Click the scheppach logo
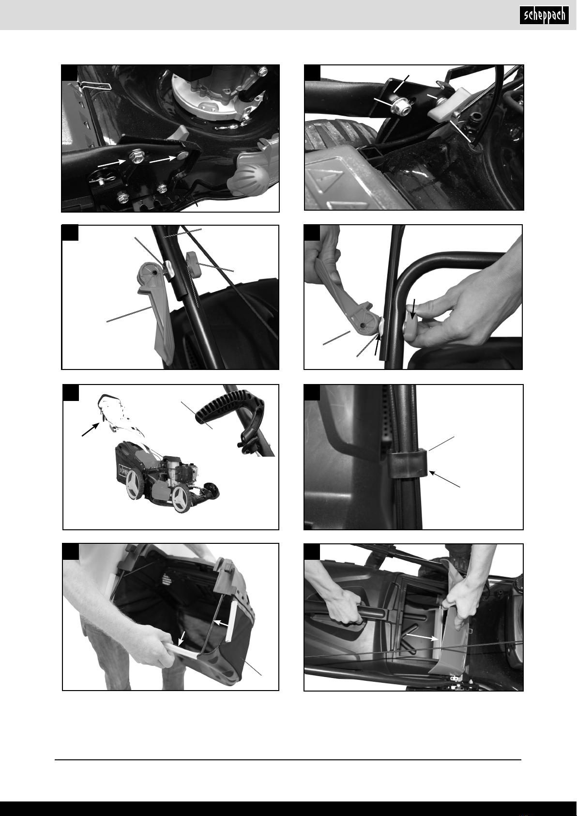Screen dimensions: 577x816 tap(544, 15)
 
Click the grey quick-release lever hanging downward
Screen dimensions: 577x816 tap(155, 311)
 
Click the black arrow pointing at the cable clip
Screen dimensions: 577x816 tap(444, 478)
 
